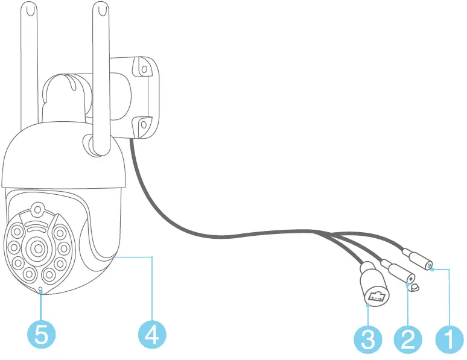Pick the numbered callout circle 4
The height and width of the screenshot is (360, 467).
pos(152,333)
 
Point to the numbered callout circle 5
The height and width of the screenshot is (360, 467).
pos(41,333)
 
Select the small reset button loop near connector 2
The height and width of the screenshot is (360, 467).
pos(414,286)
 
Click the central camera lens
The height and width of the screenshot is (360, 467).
pos(37,248)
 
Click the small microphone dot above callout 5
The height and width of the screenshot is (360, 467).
pos(40,290)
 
